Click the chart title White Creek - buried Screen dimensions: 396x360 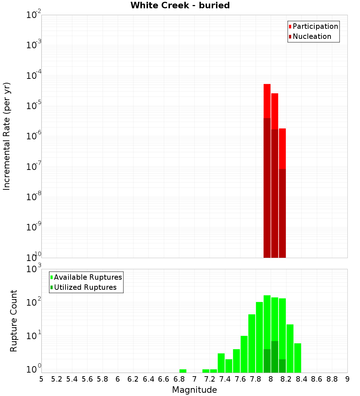point(180,5)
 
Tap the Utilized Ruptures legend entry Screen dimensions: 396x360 point(85,287)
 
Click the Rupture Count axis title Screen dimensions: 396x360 point(14,321)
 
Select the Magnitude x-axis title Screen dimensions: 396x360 point(194,390)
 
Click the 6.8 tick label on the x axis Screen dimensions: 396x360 point(179,379)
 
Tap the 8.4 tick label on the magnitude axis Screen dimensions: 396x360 point(301,379)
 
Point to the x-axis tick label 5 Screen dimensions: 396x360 point(41,379)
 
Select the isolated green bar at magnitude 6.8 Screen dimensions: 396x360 point(183,371)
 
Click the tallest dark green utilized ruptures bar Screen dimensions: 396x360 point(275,356)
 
